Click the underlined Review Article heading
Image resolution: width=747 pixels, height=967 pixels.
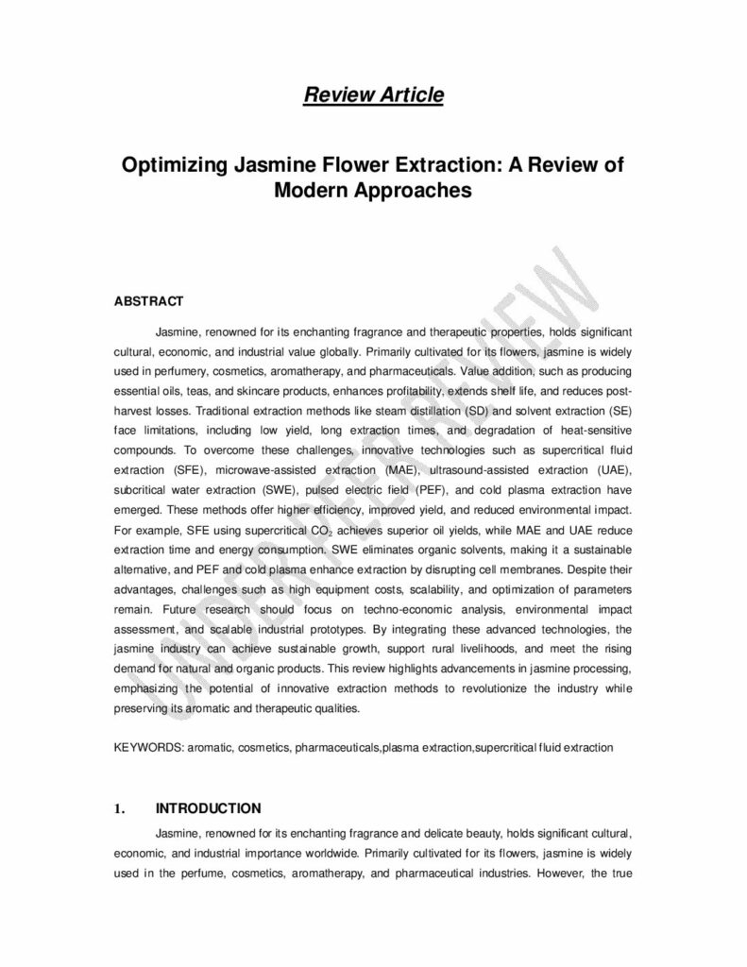(373, 94)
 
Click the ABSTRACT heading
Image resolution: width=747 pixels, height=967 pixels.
(147, 302)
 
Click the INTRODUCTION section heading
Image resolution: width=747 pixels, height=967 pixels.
(208, 808)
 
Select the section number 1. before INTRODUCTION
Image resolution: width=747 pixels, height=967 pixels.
(119, 808)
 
